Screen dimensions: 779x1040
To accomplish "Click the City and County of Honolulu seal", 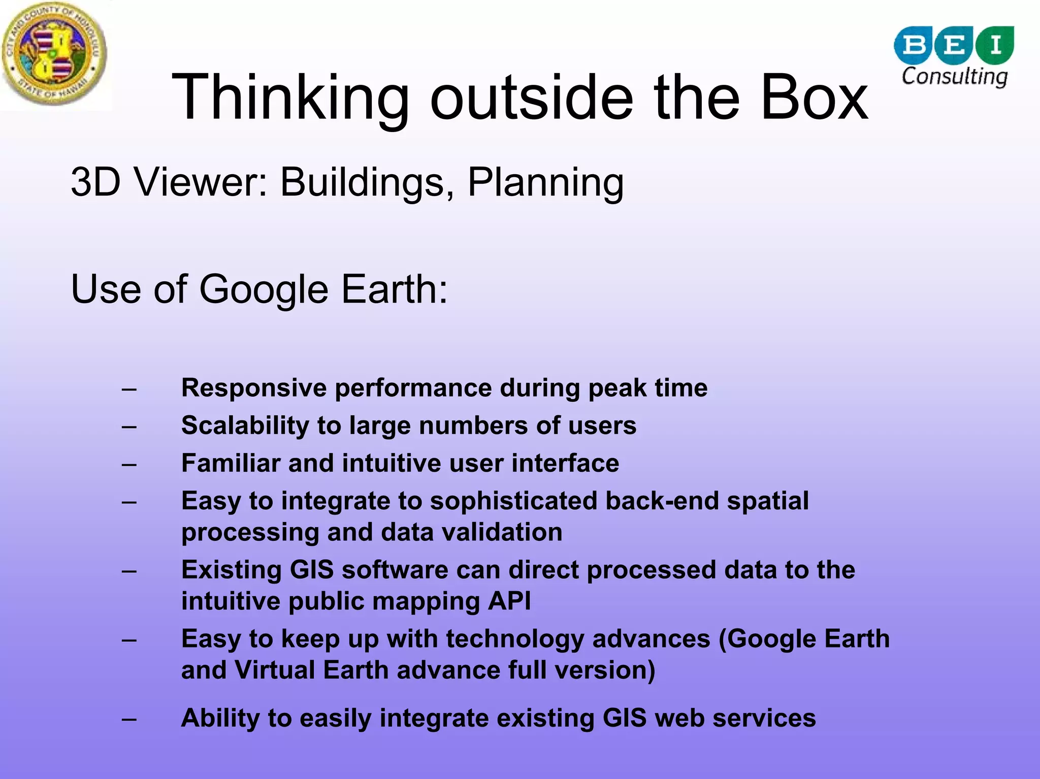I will (x=54, y=54).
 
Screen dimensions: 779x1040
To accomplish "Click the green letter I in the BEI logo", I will (x=995, y=45).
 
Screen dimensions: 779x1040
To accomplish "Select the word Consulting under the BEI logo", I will (x=954, y=77).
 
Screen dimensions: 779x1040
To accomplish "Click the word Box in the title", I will (x=814, y=98).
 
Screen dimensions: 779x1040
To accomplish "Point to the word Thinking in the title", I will (x=290, y=98).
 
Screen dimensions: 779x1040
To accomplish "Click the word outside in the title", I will (x=532, y=98).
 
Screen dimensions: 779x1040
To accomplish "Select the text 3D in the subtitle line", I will (x=95, y=182).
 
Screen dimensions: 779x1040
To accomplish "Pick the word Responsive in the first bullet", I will (x=254, y=388).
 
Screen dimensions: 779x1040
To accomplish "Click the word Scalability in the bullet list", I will (x=245, y=426).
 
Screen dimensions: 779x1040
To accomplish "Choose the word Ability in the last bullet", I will (x=220, y=719).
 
